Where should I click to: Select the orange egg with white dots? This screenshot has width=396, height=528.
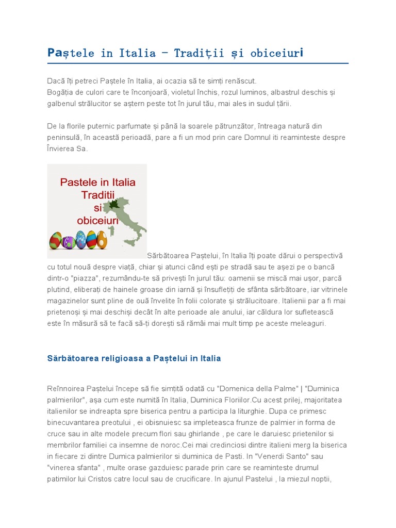[x=102, y=240]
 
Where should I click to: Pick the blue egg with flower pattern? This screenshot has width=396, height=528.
[x=80, y=240]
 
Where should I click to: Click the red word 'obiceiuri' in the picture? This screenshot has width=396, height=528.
[x=98, y=220]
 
